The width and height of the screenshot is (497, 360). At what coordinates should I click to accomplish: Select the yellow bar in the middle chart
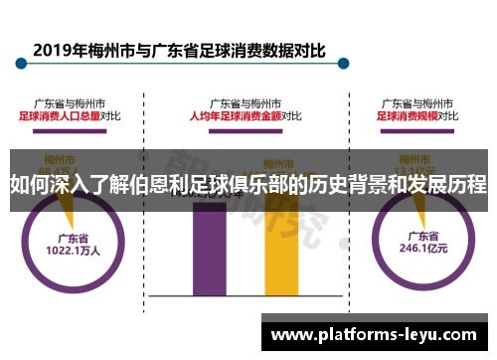(x=280, y=249)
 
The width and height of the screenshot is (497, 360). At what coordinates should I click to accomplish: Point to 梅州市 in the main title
(x=108, y=49)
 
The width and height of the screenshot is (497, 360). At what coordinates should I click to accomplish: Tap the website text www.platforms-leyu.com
(x=378, y=334)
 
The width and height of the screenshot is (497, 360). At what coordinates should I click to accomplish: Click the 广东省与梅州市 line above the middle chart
(x=246, y=102)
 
